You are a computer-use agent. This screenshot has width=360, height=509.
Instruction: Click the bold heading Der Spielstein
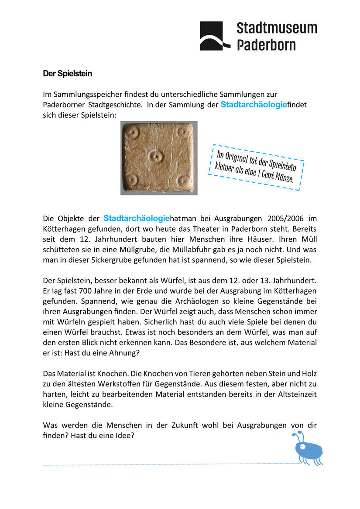pos(67,74)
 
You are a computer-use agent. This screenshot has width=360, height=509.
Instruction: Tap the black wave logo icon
pos(215,36)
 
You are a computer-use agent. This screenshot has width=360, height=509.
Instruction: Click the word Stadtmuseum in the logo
pos(277,28)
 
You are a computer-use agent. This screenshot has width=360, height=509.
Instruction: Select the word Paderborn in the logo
pos(266,44)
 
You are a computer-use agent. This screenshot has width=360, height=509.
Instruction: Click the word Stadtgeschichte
pos(115,105)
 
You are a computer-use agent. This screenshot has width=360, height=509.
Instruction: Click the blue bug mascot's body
pos(309,449)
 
